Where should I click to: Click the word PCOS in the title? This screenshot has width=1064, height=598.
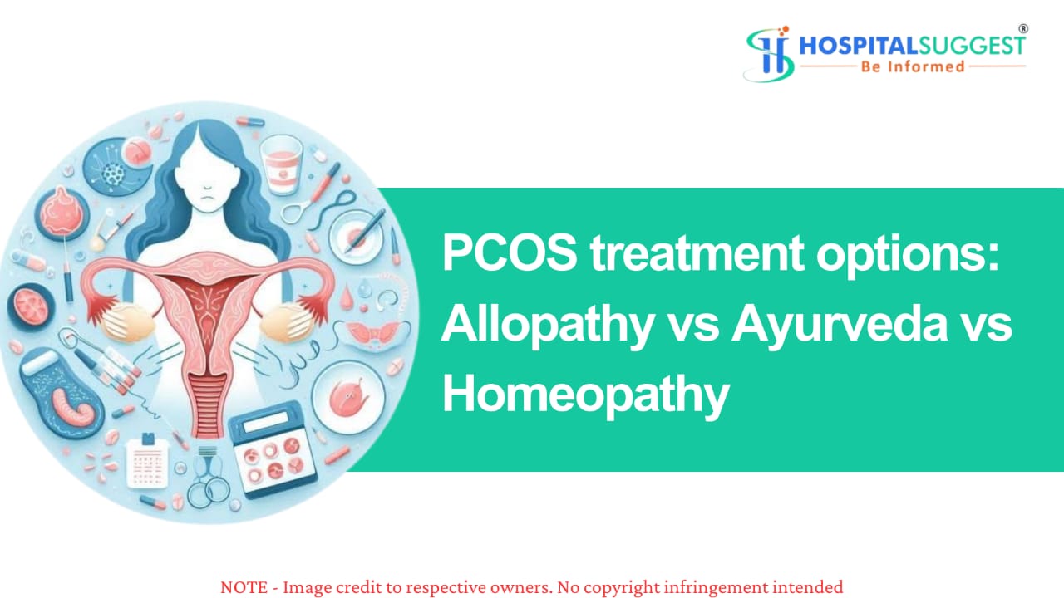point(510,253)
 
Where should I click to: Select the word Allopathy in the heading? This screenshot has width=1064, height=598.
point(548,327)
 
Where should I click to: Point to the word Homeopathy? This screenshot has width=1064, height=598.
point(586,397)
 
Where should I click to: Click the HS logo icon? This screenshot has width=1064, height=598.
point(769,54)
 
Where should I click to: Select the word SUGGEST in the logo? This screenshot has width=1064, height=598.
point(972,47)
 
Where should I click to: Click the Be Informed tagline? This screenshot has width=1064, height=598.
point(913,66)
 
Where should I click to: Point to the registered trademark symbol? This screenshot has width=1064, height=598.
point(1023,29)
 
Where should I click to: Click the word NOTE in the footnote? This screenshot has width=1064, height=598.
point(244,587)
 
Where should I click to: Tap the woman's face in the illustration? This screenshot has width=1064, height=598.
point(207,178)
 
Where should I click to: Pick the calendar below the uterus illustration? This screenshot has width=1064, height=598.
point(147,461)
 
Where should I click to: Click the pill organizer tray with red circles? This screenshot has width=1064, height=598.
point(272,448)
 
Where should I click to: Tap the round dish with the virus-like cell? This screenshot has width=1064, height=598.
point(114,167)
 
